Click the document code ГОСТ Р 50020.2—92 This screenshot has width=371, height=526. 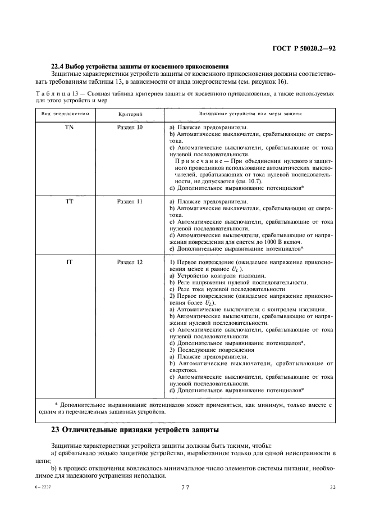point(304,48)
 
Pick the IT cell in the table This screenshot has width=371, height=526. point(69,262)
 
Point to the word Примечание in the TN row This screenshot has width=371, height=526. point(195,161)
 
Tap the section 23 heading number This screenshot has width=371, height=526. point(56,430)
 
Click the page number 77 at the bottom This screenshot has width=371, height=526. point(185,488)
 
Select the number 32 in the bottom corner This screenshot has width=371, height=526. point(332,488)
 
